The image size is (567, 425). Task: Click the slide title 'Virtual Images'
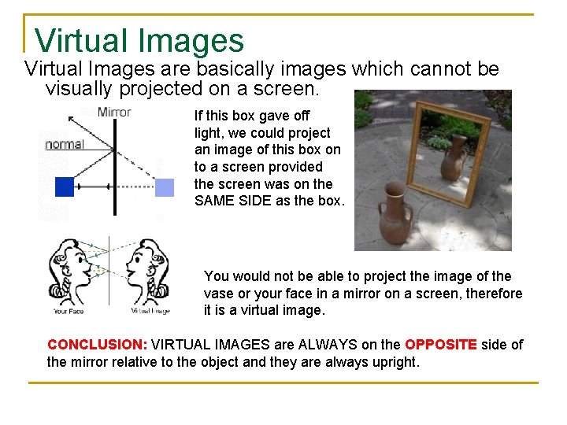pos(139,41)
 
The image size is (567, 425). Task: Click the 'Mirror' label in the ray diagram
pos(114,112)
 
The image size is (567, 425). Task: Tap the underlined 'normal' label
pos(65,144)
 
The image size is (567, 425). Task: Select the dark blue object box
pos(64,187)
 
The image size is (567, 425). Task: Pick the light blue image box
pos(164,187)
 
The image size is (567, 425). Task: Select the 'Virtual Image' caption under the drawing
pos(151,311)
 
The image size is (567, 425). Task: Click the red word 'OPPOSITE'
pos(440,345)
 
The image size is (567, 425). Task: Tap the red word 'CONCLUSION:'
pos(97,345)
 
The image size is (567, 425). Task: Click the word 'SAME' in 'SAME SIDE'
pos(213,201)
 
